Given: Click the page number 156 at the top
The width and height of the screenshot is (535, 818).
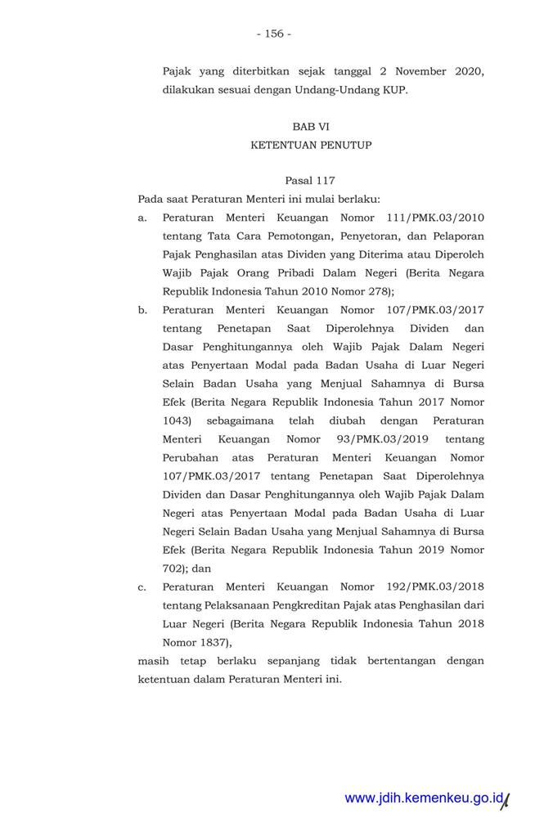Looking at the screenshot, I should coord(273,34).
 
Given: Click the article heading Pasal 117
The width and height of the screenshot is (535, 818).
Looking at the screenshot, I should coord(310,180).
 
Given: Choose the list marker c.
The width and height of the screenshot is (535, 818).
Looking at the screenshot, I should coord(142,587).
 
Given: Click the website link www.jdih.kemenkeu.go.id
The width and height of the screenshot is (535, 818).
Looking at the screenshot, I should coord(421,798).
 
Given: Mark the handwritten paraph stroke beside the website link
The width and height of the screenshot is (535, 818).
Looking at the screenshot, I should coord(505,800).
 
